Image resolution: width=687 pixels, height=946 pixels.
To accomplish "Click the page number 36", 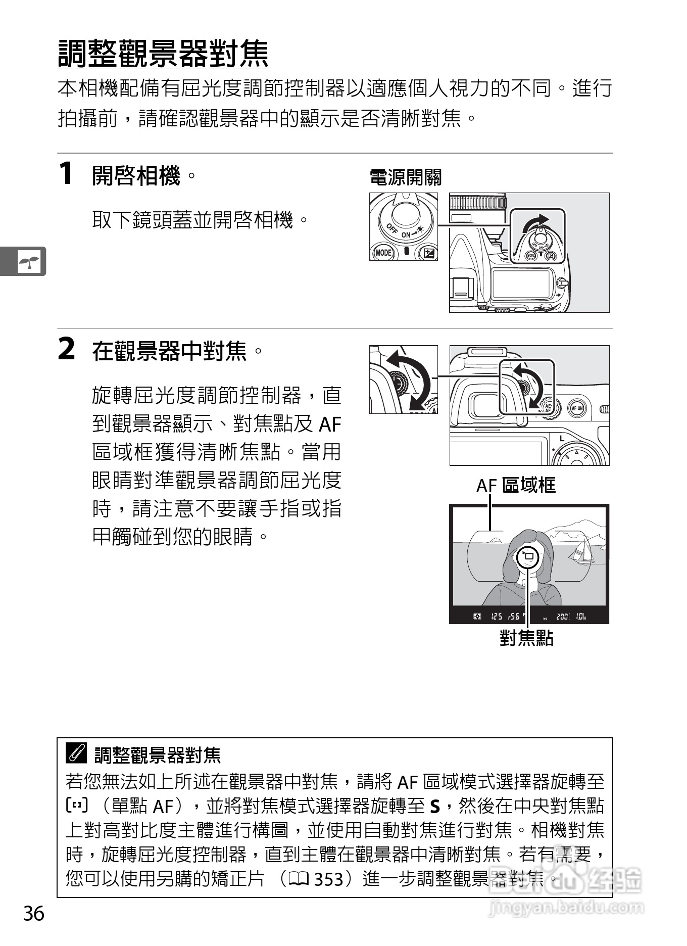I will (34, 914).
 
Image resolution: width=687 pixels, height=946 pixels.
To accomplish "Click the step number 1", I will (66, 174).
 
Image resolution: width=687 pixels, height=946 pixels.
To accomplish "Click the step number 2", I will (66, 349).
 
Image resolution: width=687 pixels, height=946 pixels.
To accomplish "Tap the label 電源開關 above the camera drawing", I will (405, 177).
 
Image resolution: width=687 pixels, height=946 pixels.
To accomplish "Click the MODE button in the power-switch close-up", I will (383, 252).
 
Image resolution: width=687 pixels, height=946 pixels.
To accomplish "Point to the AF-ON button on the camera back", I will (576, 408).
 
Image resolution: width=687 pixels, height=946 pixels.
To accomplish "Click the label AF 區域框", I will (516, 485).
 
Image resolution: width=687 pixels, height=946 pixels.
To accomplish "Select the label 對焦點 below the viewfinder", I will (526, 638).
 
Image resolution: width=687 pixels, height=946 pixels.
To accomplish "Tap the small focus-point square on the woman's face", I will (528, 556).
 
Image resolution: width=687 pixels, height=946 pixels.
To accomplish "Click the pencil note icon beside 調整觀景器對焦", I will (76, 754).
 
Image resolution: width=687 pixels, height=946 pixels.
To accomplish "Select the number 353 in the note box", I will (328, 879).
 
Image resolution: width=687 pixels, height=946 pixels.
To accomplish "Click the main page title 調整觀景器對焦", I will (163, 54).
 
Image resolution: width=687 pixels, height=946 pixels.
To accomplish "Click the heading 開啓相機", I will (136, 176).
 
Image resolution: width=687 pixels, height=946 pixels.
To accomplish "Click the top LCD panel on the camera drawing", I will (520, 283).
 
